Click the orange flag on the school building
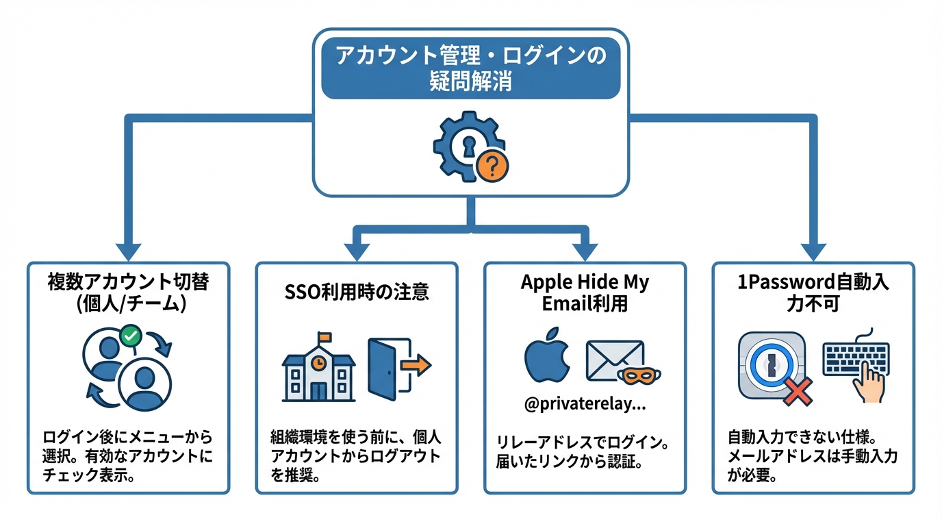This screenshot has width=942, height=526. pos(324,337)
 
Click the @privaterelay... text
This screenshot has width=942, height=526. pos(585,405)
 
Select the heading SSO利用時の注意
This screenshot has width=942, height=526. pos(356,292)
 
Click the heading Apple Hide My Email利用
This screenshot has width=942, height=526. pos(585,292)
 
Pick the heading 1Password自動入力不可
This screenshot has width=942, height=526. pos(813,292)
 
